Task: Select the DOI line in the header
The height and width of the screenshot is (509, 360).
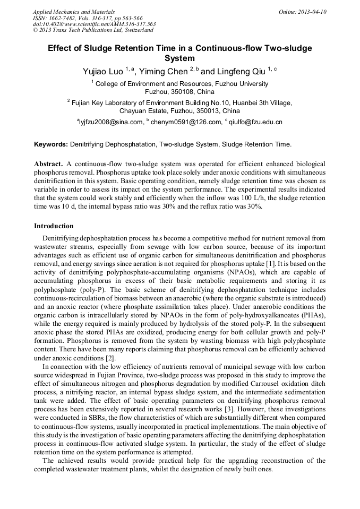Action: coord(94,24)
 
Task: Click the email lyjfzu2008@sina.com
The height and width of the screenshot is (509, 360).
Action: coord(111,122)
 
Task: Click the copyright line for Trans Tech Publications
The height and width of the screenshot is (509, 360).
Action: coord(93,30)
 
